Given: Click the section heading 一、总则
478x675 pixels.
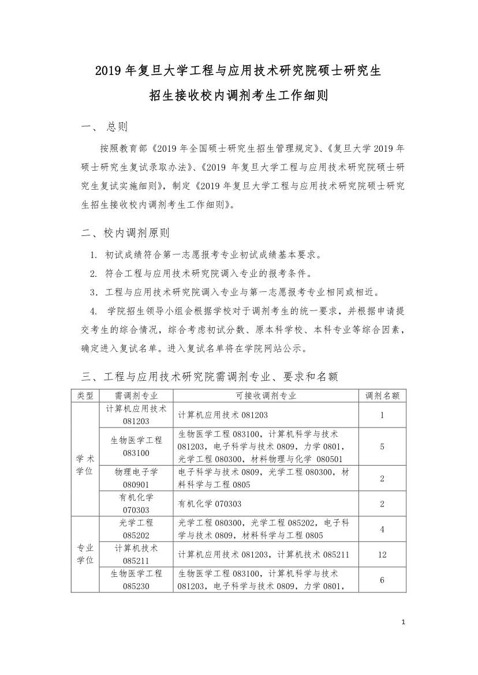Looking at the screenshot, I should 104,127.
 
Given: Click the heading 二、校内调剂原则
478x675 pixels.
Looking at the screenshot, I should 125,233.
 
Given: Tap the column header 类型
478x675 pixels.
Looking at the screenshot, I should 85,395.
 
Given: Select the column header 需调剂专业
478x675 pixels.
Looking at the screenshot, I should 136,395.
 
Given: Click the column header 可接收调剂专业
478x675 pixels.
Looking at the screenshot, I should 266,395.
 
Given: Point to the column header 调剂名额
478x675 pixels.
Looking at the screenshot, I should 382,395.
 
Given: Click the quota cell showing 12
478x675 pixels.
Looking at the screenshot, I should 382,554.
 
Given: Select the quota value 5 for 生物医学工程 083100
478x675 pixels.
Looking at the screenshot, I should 382,447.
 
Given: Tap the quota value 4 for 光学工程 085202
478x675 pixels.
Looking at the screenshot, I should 382,529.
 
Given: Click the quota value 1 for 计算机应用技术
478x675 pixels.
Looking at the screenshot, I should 382,415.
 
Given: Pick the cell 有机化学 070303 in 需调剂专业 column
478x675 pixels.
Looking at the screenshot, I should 136,503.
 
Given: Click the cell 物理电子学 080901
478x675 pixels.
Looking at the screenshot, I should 136,478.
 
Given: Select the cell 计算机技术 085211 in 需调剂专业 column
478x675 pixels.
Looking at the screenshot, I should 136,554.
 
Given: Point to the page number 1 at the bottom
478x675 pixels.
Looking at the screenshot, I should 403,622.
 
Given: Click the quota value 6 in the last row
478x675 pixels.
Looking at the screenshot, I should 382,580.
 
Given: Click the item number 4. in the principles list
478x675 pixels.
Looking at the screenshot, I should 94,312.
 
